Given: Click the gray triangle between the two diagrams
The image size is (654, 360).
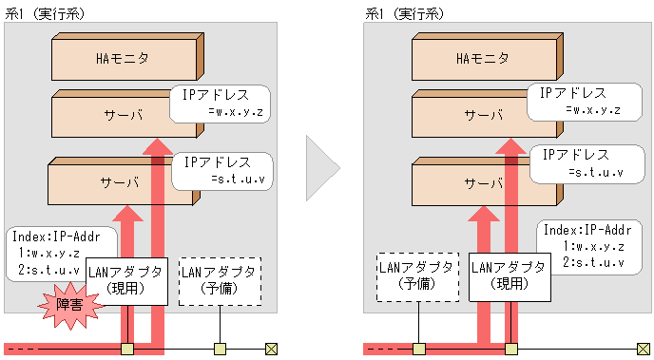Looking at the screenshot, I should [x=322, y=172].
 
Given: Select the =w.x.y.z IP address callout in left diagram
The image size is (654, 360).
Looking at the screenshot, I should [x=221, y=104].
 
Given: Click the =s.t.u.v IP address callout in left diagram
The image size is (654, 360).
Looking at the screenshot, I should [x=223, y=170].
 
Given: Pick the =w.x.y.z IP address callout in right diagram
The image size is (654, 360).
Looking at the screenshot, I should [x=579, y=102].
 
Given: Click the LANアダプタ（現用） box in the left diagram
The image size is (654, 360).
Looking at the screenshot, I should [x=126, y=280].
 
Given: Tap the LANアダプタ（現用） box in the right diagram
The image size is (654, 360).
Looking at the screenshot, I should [x=510, y=276].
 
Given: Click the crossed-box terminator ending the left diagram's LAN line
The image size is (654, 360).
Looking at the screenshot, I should [x=271, y=349].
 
